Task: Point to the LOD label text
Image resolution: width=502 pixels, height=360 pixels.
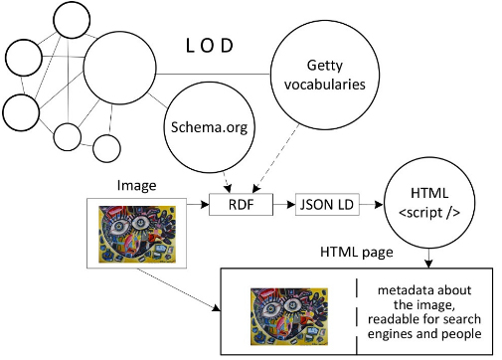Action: point(216,47)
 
